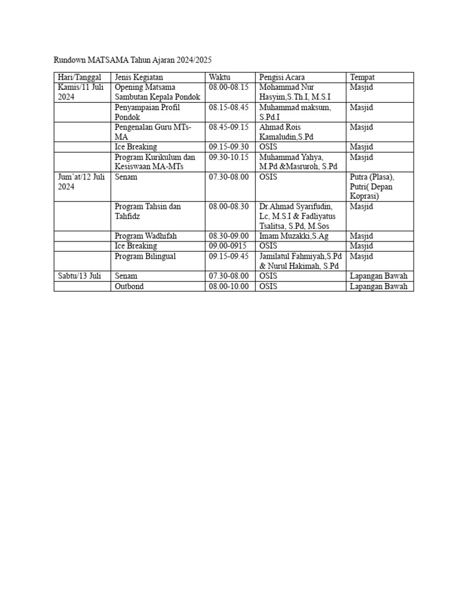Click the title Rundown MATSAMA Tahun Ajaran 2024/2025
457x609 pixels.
(x=133, y=60)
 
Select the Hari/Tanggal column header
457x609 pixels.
(x=80, y=77)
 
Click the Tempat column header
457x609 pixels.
(x=362, y=77)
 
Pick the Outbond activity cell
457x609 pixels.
(x=129, y=286)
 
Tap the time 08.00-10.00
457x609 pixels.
(x=228, y=286)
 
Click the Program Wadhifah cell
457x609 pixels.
(x=145, y=236)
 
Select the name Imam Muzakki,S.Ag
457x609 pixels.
(x=290, y=236)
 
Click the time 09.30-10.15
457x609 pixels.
(x=228, y=157)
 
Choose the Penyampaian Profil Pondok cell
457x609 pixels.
(x=147, y=112)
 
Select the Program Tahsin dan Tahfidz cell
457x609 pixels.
(x=148, y=211)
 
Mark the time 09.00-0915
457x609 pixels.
(x=228, y=246)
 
